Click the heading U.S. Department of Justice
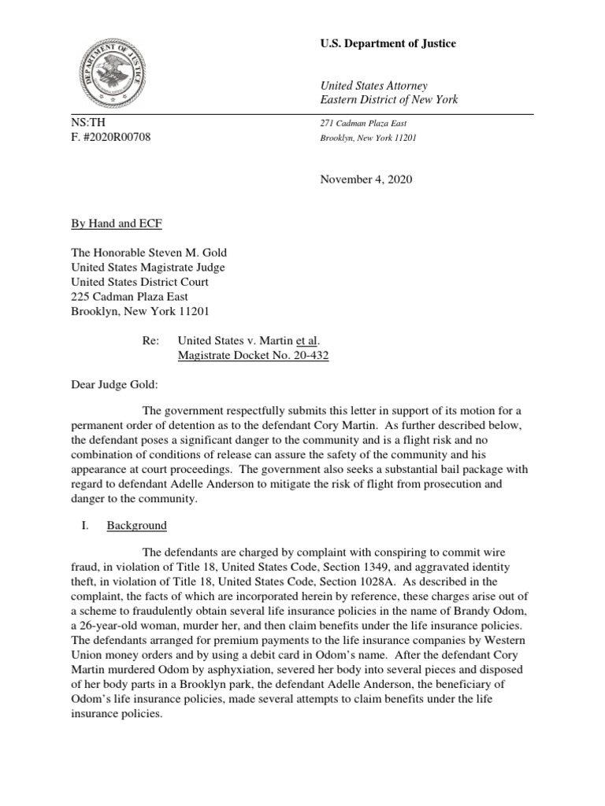[x=388, y=44]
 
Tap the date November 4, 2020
[x=366, y=179]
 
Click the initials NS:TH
[x=86, y=123]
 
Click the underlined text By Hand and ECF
[x=112, y=224]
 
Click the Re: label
[x=147, y=341]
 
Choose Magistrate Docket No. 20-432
[x=253, y=356]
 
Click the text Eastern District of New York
[x=388, y=100]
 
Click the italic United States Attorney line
[x=373, y=85]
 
